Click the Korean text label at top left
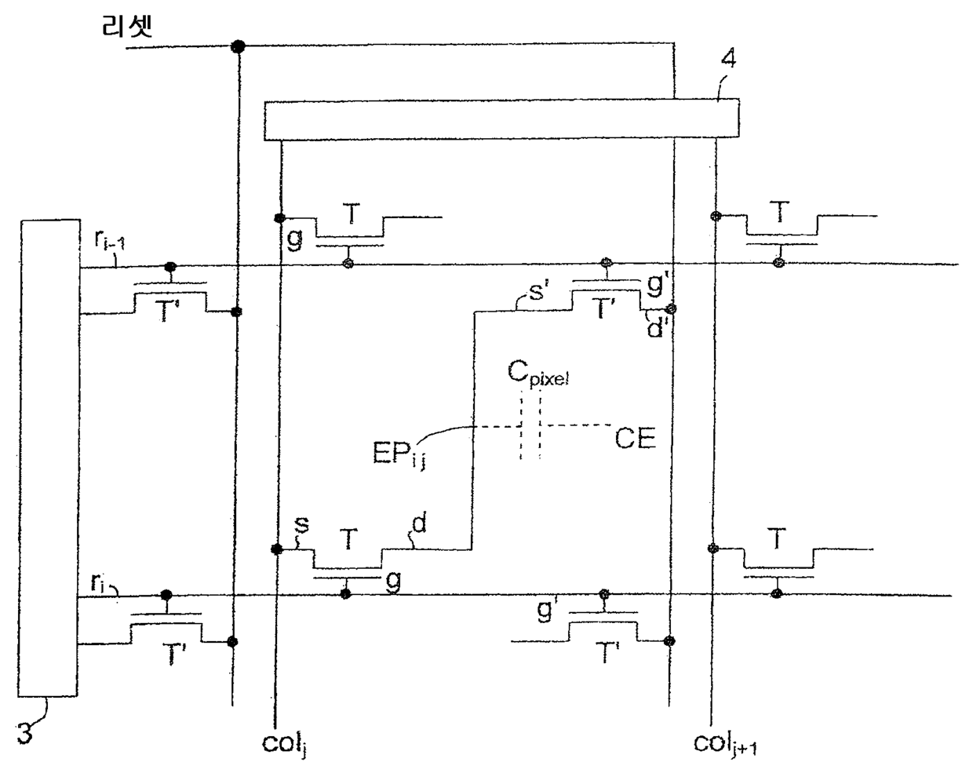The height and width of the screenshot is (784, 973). click(127, 27)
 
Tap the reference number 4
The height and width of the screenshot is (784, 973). click(728, 58)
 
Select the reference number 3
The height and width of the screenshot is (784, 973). click(25, 733)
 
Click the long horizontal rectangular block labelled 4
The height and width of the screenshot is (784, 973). click(502, 119)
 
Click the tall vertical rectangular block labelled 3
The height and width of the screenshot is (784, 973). click(49, 458)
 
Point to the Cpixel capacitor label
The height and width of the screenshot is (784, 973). click(538, 373)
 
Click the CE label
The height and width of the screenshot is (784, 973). click(636, 439)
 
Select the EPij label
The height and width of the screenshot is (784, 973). click(399, 454)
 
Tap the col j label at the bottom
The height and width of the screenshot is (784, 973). click(286, 744)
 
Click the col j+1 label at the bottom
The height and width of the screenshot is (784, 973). click(725, 744)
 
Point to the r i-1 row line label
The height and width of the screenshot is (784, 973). click(109, 240)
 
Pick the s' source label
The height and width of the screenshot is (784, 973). click(536, 291)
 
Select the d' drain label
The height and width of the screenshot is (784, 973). click(654, 327)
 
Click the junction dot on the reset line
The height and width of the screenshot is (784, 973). click(238, 46)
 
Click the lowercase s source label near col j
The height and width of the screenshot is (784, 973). click(301, 524)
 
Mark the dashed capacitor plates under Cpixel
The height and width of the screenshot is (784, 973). click(530, 426)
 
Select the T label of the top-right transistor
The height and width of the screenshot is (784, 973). click(779, 212)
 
